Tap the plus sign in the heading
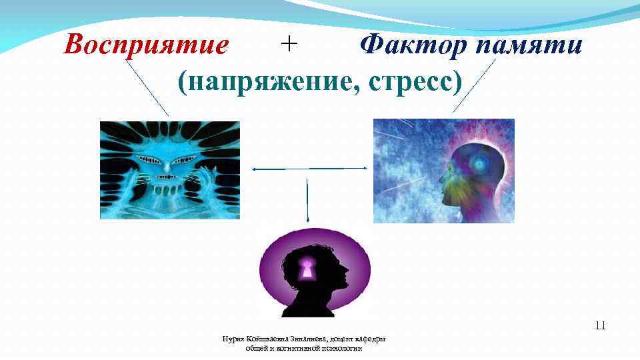pos(289,45)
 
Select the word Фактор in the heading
pos(412,46)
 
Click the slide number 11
pos(600,326)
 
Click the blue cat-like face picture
pos(169,169)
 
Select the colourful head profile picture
pos(443,171)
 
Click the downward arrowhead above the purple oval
pos(307,219)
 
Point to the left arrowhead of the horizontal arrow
pos(253,169)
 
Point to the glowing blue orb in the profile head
pos(479,163)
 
